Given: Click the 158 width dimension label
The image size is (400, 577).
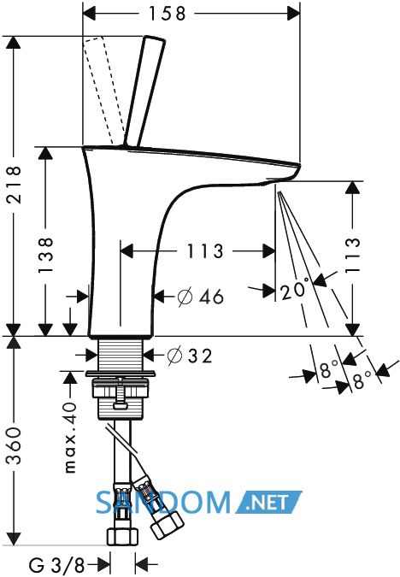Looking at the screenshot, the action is (167, 14).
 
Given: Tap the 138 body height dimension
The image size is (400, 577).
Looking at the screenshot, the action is (46, 255).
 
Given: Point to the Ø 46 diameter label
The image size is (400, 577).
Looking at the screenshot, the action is (200, 297).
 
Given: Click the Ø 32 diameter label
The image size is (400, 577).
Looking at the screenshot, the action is (190, 356).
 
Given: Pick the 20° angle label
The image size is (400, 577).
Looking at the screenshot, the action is (294, 290).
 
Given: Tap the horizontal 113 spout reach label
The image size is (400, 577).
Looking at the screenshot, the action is (205, 251).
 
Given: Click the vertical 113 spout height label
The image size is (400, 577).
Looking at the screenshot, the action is (352, 255).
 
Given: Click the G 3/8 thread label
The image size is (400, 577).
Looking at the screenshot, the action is (56, 564).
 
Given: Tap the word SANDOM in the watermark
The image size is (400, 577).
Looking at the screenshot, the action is (163, 503).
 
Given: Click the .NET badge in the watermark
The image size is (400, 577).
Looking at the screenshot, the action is (269, 502).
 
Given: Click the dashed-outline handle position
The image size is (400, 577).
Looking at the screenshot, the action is (103, 91).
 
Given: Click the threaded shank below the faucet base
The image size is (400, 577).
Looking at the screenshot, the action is (121, 354).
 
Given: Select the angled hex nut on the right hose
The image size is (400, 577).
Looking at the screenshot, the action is (167, 525).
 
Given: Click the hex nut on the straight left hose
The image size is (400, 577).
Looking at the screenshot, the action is (122, 537).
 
